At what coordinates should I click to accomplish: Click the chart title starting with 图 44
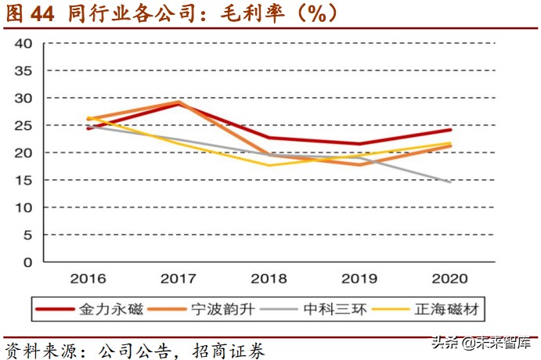pyautogui.click(x=172, y=13)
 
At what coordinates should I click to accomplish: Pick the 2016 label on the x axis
pyautogui.click(x=88, y=279)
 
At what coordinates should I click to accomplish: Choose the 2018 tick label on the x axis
pyautogui.click(x=269, y=279)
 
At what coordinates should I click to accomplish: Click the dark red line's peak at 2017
pyautogui.click(x=179, y=104)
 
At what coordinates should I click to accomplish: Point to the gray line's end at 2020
pyautogui.click(x=449, y=182)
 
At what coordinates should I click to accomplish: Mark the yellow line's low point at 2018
pyautogui.click(x=269, y=165)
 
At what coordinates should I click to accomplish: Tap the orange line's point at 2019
pyautogui.click(x=359, y=164)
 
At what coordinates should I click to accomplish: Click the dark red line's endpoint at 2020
pyautogui.click(x=449, y=129)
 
